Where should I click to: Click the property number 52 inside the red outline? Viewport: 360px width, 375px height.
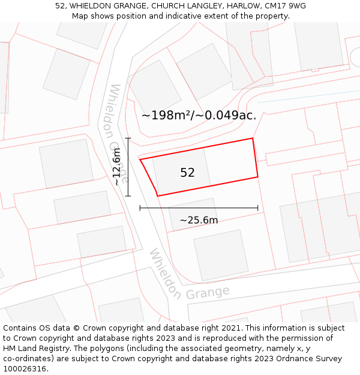pyautogui.click(x=187, y=173)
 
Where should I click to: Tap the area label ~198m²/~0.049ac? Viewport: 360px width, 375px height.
pyautogui.click(x=199, y=115)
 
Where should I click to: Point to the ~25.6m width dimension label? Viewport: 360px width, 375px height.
pyautogui.click(x=199, y=220)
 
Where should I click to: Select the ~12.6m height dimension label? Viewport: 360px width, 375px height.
pyautogui.click(x=117, y=167)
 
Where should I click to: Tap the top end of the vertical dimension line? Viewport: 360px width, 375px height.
pyautogui.click(x=128, y=138)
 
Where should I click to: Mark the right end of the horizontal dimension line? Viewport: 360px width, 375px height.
pyautogui.click(x=258, y=208)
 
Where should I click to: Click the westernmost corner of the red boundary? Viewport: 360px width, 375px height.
pyautogui.click(x=140, y=160)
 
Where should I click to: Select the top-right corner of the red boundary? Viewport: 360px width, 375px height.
pyautogui.click(x=253, y=138)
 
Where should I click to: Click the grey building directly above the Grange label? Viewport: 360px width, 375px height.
pyautogui.click(x=221, y=254)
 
